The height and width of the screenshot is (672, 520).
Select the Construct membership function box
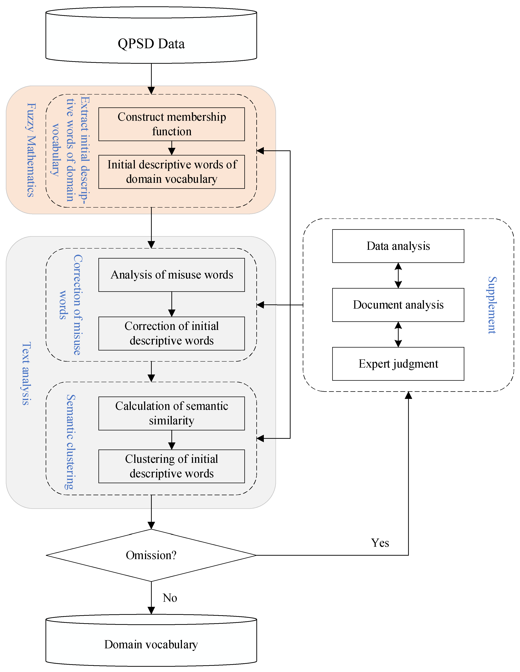click(172, 124)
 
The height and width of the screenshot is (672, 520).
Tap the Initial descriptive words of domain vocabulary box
click(172, 172)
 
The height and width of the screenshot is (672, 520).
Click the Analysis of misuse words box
click(172, 275)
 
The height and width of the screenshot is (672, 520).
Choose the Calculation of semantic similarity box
click(172, 413)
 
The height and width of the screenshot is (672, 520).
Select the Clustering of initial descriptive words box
click(172, 466)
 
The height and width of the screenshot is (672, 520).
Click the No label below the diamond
click(170, 598)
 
